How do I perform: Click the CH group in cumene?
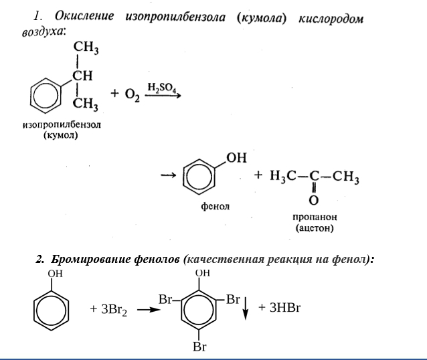83,75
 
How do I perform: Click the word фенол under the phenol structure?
216,207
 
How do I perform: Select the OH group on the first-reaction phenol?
237,158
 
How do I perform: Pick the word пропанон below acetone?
313,218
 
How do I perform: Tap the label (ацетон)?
313,229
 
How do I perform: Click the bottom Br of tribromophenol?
199,347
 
